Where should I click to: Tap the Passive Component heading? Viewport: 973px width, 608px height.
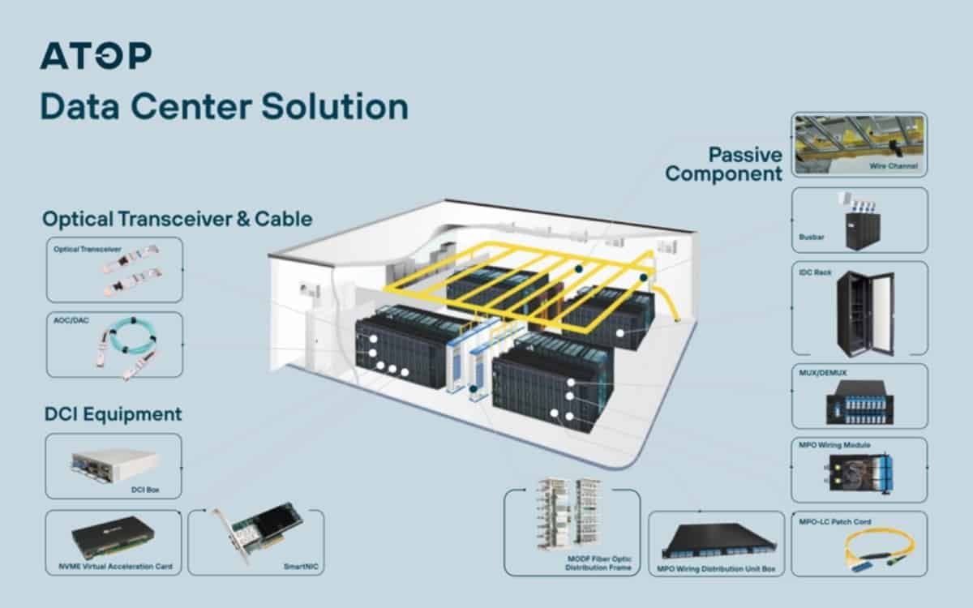723,164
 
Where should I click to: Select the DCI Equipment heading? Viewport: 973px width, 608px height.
113,414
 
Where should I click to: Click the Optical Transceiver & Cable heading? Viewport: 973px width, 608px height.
177,219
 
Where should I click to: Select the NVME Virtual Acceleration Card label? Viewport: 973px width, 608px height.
114,565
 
